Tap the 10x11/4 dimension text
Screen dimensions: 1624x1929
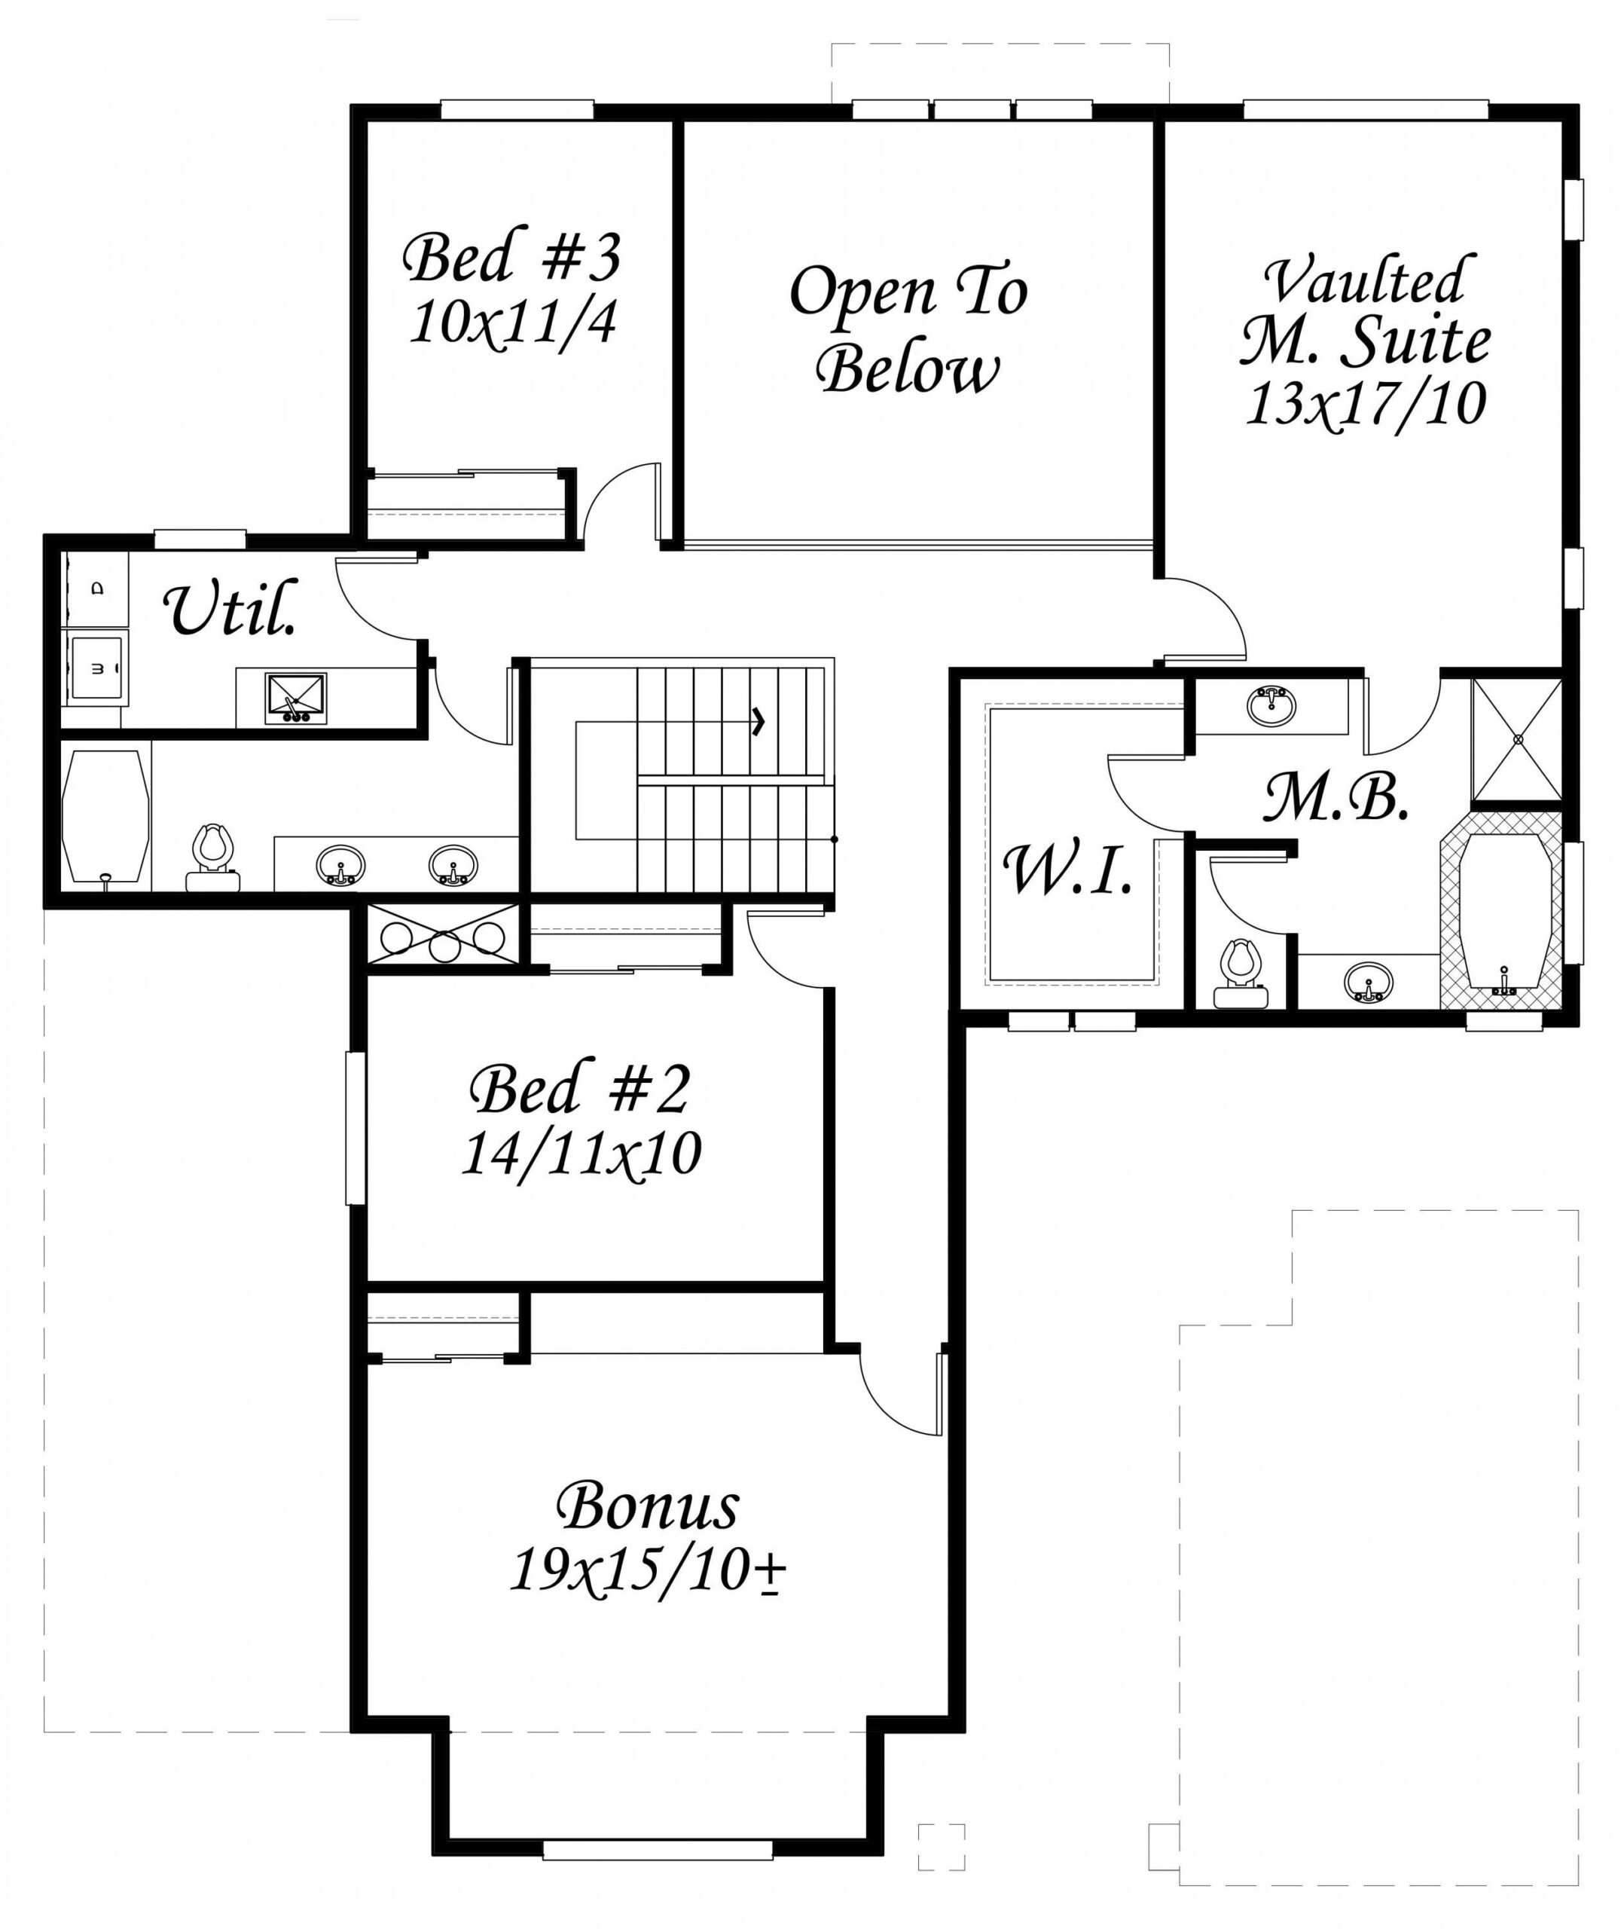pos(512,323)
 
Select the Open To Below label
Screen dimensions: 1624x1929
pos(908,329)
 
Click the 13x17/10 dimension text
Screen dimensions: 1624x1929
pos(1366,403)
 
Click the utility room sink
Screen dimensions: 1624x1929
pos(295,697)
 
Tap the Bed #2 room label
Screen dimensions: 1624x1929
pos(579,1090)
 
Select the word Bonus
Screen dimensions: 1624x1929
pos(647,1507)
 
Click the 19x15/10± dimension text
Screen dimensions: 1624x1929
pos(646,1571)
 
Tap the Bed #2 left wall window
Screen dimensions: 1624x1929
pos(356,1128)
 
